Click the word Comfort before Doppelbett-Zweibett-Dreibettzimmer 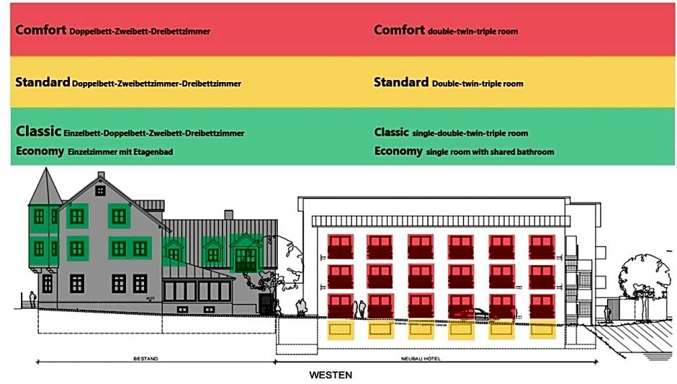[x=40, y=30]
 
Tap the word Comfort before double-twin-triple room [x=399, y=30]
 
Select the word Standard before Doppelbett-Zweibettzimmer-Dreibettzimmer [x=42, y=82]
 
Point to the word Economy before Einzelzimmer [x=40, y=151]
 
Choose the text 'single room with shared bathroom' [x=490, y=152]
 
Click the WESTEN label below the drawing [x=331, y=375]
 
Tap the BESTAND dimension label [x=145, y=358]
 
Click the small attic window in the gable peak [x=100, y=190]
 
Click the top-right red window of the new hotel [x=542, y=246]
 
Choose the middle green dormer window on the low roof [x=212, y=253]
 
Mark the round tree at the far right [x=643, y=271]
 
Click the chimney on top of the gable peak [x=101, y=175]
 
